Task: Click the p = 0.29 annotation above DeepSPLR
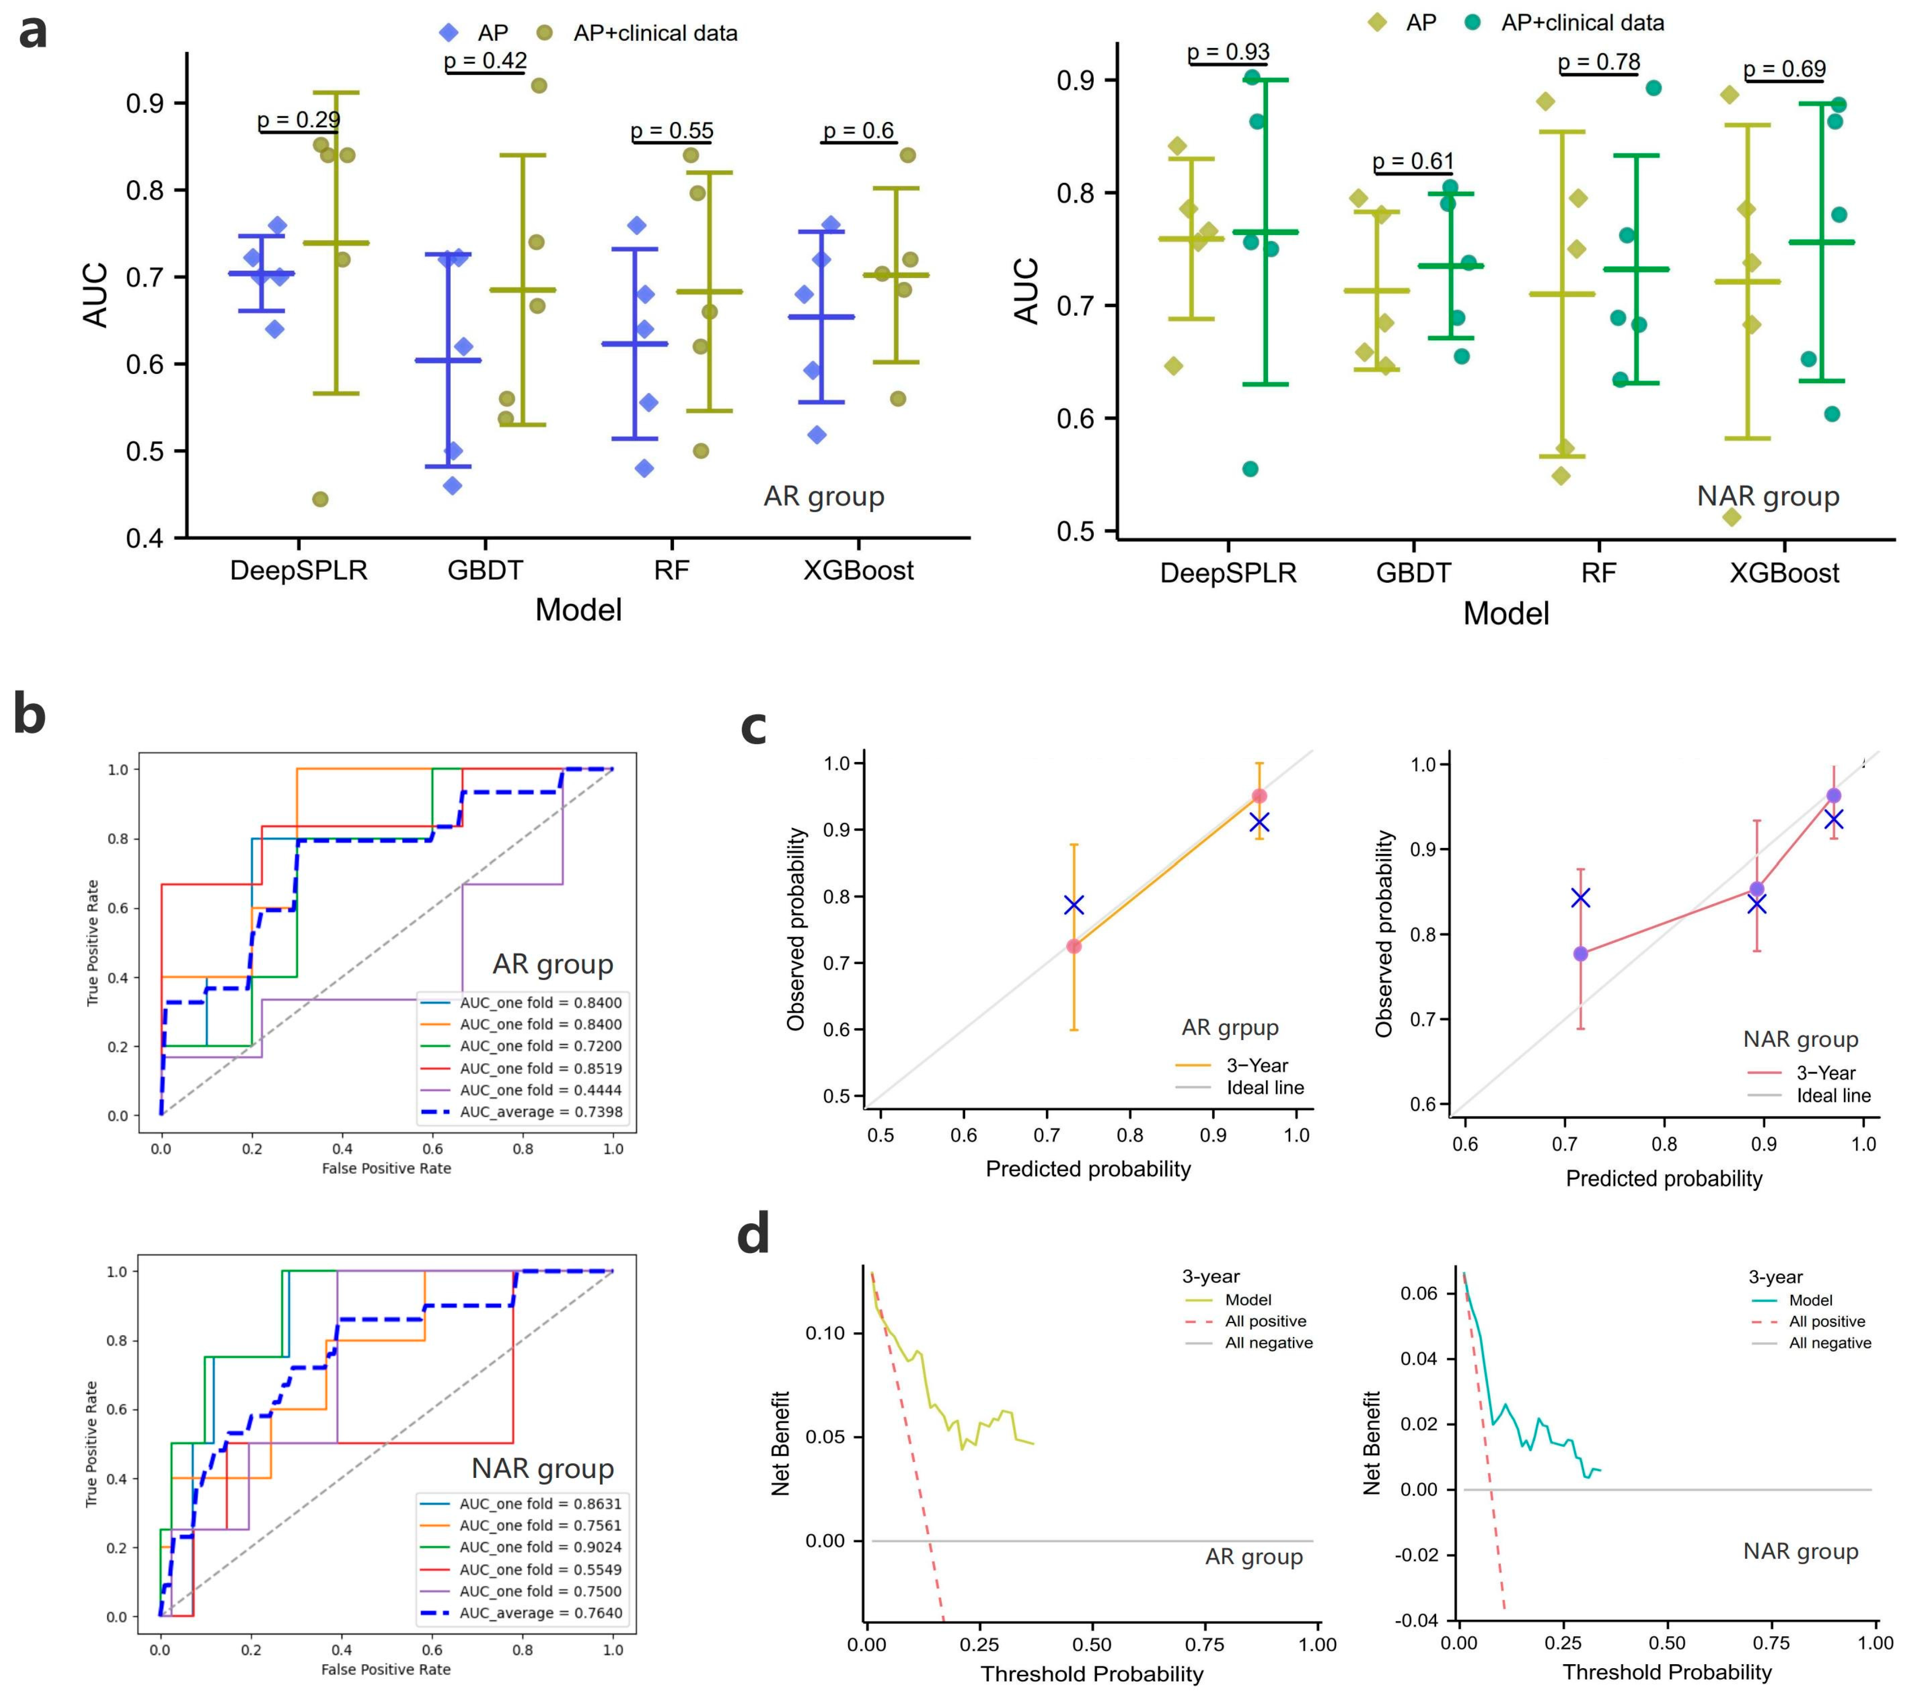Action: (x=298, y=120)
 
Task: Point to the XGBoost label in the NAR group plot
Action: (x=1784, y=573)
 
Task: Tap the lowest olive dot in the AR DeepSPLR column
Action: (x=320, y=499)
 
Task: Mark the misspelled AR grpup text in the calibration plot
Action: (x=1230, y=1028)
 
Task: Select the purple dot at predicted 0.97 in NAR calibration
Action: (x=1833, y=796)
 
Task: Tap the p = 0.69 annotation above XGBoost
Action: (x=1784, y=69)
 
